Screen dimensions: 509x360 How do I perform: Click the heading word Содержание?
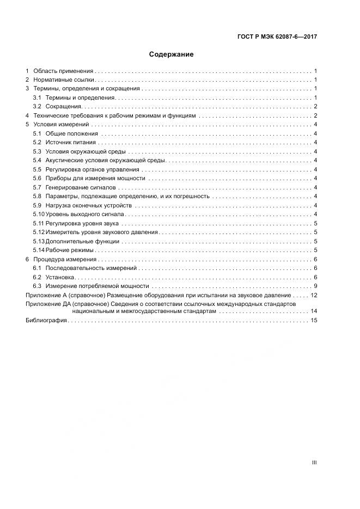point(171,54)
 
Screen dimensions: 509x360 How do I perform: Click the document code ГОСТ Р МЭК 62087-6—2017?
point(277,37)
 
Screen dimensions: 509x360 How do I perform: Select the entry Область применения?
point(63,71)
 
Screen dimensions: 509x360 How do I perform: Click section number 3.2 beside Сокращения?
point(37,106)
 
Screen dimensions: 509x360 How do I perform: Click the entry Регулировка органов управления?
point(93,169)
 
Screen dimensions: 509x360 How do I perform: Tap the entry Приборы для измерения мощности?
point(95,178)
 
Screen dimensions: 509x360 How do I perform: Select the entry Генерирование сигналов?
point(81,187)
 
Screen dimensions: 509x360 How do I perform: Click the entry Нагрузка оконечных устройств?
point(88,205)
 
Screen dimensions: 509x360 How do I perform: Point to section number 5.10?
point(38,214)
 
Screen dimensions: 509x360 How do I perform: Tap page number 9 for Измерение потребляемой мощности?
point(315,286)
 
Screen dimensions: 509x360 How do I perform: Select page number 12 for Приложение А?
point(314,295)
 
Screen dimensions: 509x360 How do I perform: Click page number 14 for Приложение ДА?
point(314,311)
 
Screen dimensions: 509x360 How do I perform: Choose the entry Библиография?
point(46,320)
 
